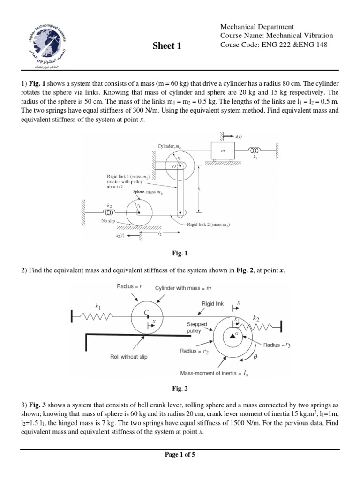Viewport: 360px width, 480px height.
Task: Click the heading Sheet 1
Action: click(167, 45)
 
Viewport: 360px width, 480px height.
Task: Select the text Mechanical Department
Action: click(257, 27)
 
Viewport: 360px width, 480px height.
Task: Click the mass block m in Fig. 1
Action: click(223, 151)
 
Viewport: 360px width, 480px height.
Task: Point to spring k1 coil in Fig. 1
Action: click(254, 150)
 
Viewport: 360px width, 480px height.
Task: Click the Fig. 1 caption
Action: click(180, 254)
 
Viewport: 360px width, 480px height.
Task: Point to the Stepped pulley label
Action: click(197, 327)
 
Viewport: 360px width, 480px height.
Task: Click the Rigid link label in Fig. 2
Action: click(213, 304)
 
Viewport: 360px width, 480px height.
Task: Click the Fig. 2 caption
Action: click(180, 389)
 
